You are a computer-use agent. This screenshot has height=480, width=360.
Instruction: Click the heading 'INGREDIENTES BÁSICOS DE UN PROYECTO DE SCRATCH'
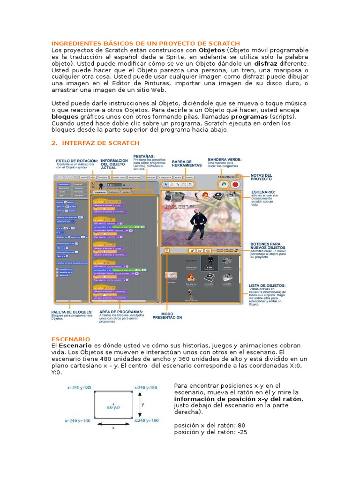click(x=145, y=43)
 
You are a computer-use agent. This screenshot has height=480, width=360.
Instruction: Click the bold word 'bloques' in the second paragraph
click(x=65, y=116)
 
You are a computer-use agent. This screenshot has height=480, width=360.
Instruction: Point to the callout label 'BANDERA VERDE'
click(x=225, y=159)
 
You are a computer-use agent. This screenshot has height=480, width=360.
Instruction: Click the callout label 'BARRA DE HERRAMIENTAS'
click(x=187, y=163)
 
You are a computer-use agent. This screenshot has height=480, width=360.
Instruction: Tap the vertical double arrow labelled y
click(x=140, y=404)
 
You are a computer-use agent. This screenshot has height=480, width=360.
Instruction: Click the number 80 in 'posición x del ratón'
click(x=240, y=425)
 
